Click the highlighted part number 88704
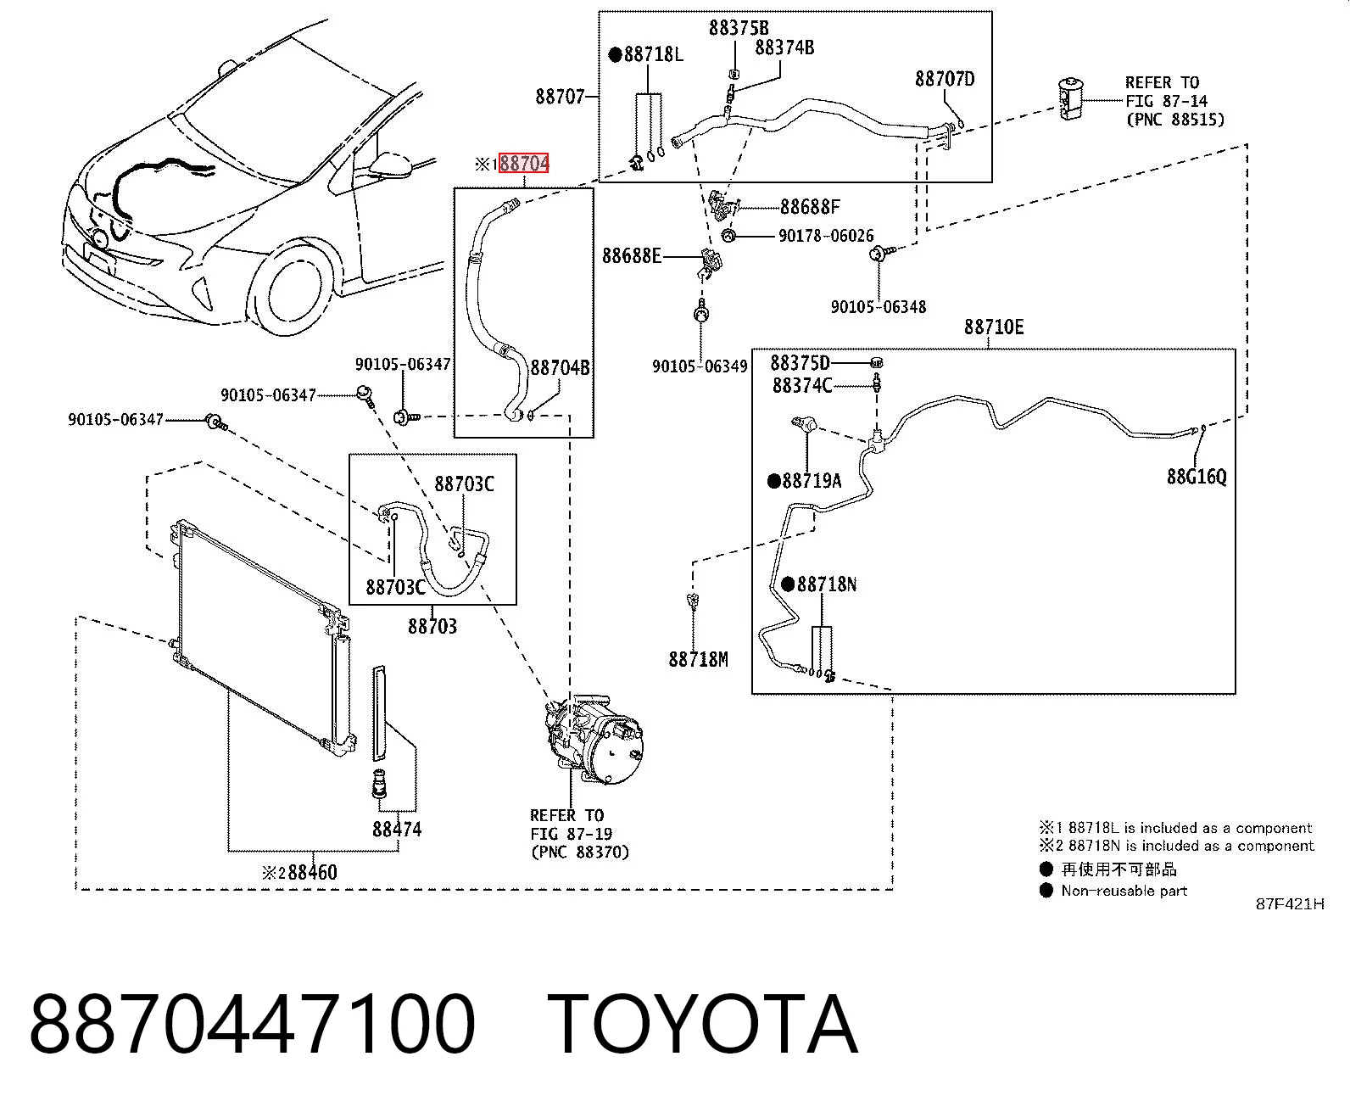point(524,164)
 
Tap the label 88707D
point(944,79)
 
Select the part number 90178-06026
point(826,236)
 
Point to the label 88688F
point(810,207)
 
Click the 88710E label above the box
point(994,327)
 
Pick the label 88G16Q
point(1197,477)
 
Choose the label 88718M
point(698,659)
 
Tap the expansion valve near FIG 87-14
point(1070,98)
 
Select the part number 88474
point(396,829)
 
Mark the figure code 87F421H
point(1290,904)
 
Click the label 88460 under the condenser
point(312,872)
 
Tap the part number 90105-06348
point(878,307)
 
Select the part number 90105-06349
point(700,366)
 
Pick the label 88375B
point(739,28)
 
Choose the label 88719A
point(812,481)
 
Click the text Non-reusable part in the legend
point(1124,891)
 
